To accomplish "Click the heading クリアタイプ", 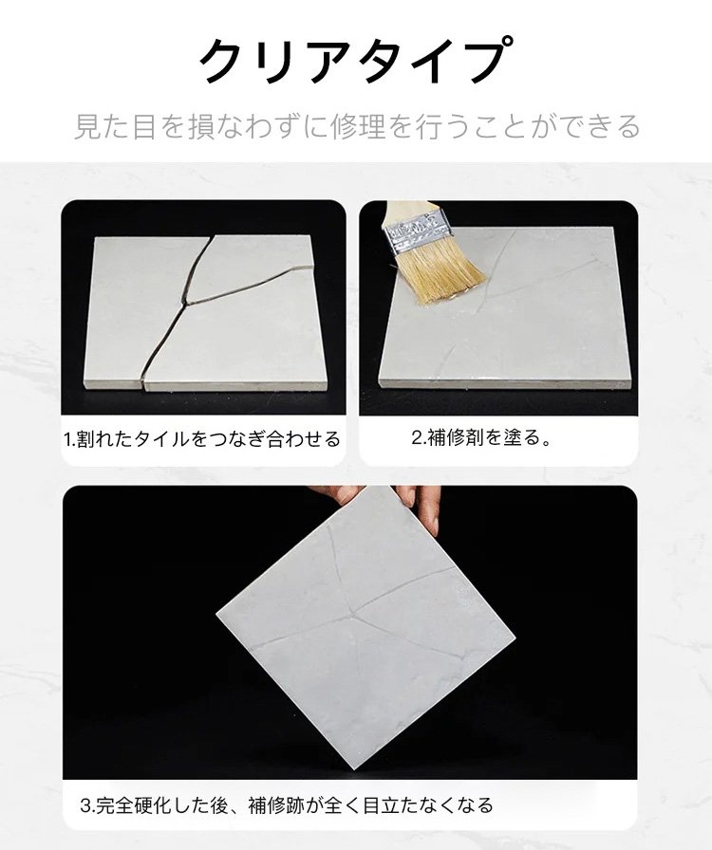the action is [x=355, y=60].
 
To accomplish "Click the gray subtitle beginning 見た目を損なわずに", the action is [x=357, y=127].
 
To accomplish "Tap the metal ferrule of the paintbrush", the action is [x=417, y=234].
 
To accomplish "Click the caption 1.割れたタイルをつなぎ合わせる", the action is [x=202, y=438].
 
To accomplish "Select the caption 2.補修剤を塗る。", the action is [x=481, y=437].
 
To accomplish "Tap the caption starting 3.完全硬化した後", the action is [x=287, y=805].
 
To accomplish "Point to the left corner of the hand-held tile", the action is [x=216, y=613].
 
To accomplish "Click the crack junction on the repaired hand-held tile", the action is [x=353, y=614].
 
